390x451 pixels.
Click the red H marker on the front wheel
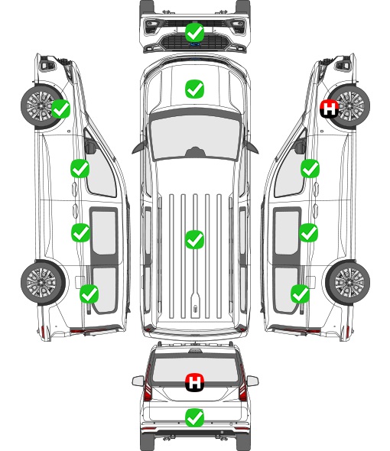[x=330, y=109]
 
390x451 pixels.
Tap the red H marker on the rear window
[x=194, y=382]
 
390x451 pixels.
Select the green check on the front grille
[x=194, y=32]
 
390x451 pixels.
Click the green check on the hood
[x=194, y=89]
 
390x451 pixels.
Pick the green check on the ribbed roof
[x=194, y=239]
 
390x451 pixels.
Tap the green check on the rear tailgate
[x=194, y=417]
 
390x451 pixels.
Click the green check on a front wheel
[x=60, y=109]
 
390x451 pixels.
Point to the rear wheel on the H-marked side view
[x=348, y=283]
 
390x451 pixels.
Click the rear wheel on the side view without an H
[x=43, y=283]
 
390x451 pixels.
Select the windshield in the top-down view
[x=195, y=138]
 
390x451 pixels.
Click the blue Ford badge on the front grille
[x=195, y=44]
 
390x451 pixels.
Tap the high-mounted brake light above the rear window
[x=195, y=351]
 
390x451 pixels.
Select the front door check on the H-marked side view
[x=310, y=168]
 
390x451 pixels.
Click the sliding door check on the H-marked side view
[x=308, y=232]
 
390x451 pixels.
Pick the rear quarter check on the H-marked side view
[x=301, y=294]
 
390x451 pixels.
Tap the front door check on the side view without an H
[x=80, y=168]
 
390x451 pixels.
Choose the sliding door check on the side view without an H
[x=80, y=232]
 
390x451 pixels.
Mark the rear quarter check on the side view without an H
[x=89, y=294]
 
